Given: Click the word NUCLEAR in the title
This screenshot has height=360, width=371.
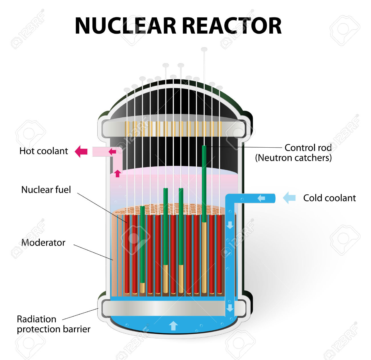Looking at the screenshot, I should click(126, 26).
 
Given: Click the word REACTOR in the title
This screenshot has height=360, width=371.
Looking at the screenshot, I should click(231, 26).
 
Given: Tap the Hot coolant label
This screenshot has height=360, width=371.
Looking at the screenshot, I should click(44, 151).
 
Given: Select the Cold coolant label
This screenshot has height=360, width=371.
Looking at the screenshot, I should click(329, 198).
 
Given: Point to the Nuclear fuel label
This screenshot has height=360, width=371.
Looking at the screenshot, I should click(46, 190).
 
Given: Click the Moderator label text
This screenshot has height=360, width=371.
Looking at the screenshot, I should click(43, 242).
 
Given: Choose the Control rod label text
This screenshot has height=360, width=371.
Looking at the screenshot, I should click(308, 148).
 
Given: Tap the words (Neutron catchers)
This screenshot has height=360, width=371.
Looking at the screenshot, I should click(293, 158).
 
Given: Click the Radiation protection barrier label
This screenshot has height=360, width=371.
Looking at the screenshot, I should click(53, 324).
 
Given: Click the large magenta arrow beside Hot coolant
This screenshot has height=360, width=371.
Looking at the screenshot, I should click(81, 151).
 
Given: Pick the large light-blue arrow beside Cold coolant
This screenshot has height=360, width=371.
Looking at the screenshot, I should click(289, 198).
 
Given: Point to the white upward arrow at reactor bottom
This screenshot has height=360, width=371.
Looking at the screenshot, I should click(173, 326).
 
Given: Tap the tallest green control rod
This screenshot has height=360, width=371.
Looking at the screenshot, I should click(204, 183).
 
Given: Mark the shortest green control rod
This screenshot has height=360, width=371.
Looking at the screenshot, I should click(142, 243).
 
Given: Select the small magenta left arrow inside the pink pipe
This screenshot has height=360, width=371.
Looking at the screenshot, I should click(112, 152).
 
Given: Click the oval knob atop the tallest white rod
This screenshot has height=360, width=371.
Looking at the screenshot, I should click(204, 49).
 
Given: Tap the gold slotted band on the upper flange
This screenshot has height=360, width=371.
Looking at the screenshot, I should click(173, 128).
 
